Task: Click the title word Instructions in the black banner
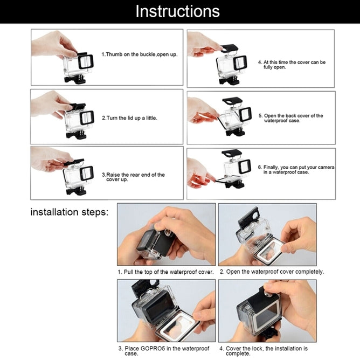[177, 11]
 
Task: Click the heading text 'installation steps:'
[70, 212]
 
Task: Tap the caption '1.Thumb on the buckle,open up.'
[139, 55]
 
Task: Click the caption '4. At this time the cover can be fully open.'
[292, 65]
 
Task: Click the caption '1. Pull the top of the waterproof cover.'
[166, 272]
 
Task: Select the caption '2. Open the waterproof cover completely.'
[272, 272]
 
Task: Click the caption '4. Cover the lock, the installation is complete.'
[264, 351]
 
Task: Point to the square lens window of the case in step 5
[245, 114]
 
